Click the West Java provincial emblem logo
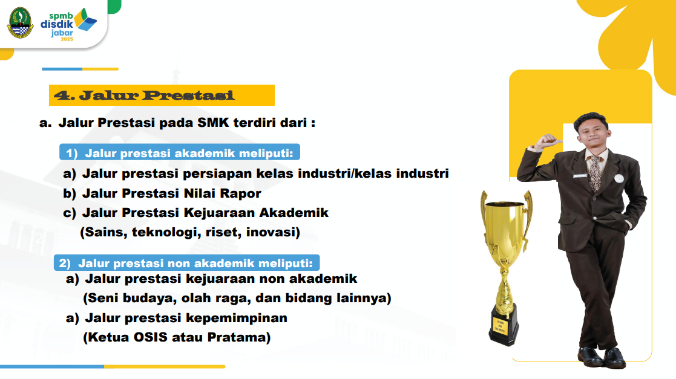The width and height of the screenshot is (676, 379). [x=20, y=23]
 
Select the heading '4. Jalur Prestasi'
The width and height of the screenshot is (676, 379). [x=144, y=95]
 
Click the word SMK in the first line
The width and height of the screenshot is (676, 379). [x=213, y=123]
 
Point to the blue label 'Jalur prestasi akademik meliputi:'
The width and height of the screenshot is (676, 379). [x=180, y=153]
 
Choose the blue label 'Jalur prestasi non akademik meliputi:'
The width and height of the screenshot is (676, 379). [x=186, y=263]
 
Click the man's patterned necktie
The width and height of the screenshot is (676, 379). [x=596, y=173]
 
